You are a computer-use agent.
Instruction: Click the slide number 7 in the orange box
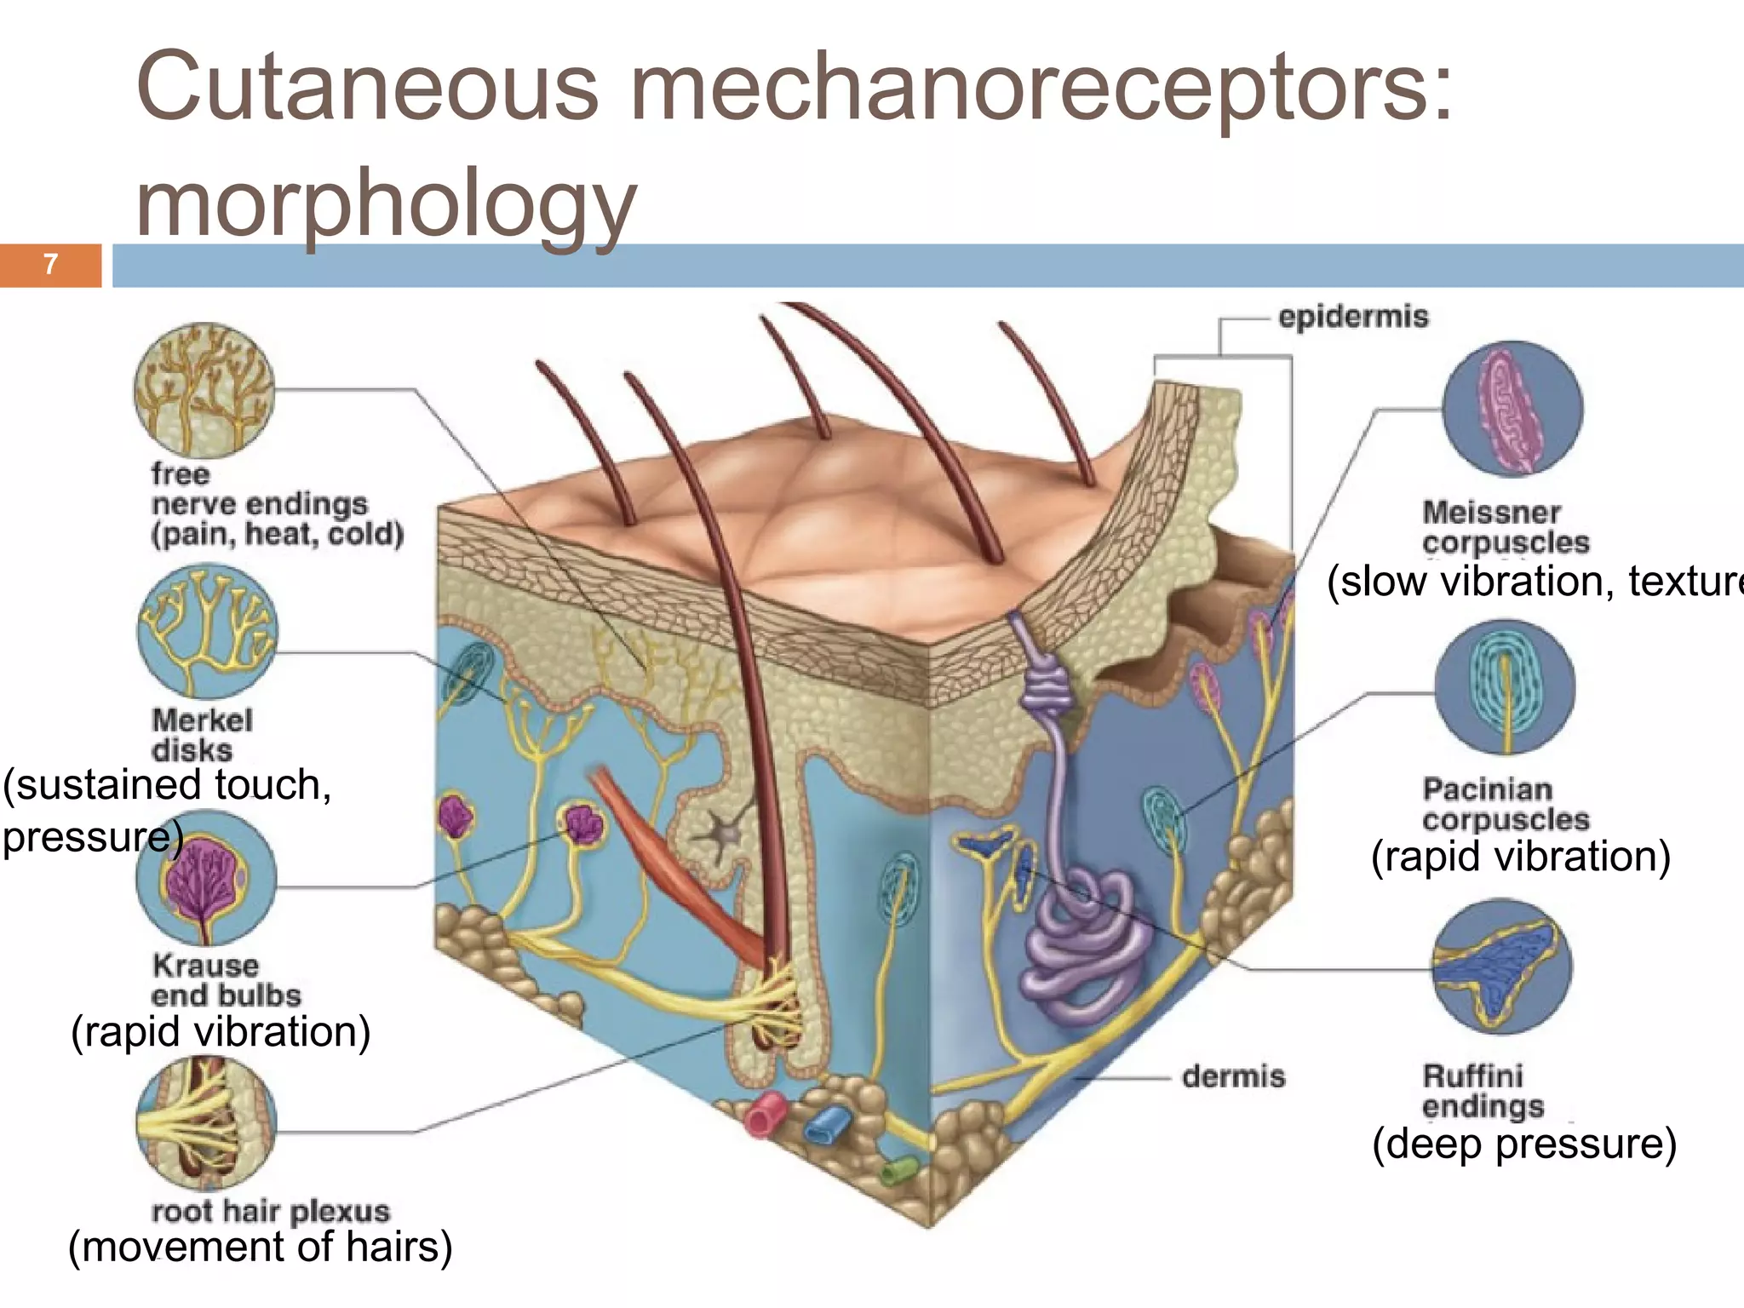pos(50,265)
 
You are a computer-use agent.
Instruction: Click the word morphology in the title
pos(386,204)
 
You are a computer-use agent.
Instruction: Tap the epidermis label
pos(1352,317)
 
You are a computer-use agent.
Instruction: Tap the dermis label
pos(1232,1076)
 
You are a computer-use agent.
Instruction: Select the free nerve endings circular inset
pos(204,390)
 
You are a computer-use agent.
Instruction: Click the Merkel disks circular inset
pos(207,631)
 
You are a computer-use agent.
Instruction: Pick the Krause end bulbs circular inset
pos(206,878)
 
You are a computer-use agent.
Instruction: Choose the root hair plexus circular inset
pos(206,1123)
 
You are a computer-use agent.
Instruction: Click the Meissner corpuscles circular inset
pos(1512,409)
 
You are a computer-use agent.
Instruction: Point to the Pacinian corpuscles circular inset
pos(1505,687)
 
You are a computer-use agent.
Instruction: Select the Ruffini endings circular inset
pos(1501,967)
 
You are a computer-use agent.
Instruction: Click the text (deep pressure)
pos(1523,1143)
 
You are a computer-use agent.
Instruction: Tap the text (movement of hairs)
pos(260,1247)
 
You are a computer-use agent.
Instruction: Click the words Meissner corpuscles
pos(1505,527)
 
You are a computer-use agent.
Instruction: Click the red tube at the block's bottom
pos(766,1115)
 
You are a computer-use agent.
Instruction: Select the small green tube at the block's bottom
pos(898,1172)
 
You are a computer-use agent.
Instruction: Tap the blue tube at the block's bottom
pos(827,1126)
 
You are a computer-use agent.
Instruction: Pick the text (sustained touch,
pos(167,784)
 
